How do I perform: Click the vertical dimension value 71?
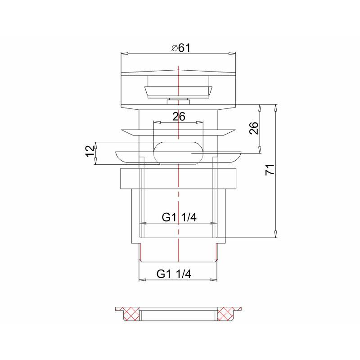point(269,171)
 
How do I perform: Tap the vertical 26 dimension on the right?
point(253,128)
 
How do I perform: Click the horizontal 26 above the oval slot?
point(179,117)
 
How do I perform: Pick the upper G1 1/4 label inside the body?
point(179,217)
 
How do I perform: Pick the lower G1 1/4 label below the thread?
point(174,274)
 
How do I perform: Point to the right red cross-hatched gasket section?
point(227,311)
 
